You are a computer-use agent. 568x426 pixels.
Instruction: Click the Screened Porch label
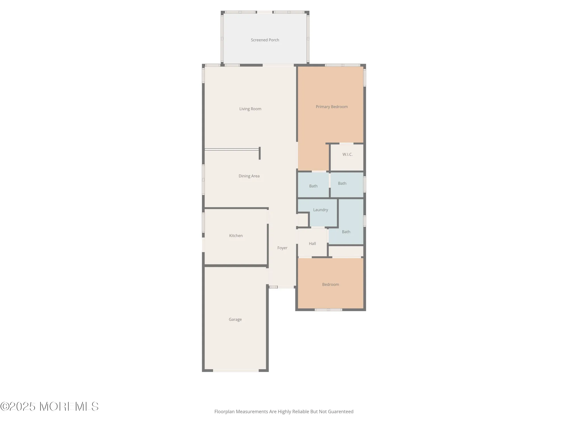click(x=265, y=40)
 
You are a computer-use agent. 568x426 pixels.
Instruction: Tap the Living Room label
click(x=250, y=109)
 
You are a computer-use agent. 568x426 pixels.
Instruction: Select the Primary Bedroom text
click(x=332, y=107)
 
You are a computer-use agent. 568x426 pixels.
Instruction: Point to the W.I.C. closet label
click(x=347, y=154)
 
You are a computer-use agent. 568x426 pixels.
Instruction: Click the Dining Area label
click(x=249, y=176)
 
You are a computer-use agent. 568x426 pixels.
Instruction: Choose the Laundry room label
click(x=321, y=210)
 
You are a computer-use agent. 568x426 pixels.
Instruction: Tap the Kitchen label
click(x=236, y=236)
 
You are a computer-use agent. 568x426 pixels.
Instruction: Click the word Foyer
click(x=282, y=248)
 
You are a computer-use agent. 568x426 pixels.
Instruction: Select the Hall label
click(x=312, y=244)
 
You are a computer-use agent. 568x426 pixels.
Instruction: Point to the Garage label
click(x=235, y=319)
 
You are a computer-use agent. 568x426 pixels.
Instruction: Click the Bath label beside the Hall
click(x=346, y=232)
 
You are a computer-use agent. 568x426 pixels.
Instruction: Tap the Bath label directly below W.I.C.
click(x=342, y=183)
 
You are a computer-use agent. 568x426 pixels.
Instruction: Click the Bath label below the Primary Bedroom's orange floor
click(x=313, y=186)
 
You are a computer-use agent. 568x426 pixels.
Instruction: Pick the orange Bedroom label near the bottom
click(x=331, y=285)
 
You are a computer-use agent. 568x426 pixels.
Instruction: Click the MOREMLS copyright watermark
click(x=49, y=406)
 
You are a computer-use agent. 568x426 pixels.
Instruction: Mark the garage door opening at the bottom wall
click(x=236, y=371)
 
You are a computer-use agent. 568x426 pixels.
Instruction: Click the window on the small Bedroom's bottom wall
click(x=329, y=310)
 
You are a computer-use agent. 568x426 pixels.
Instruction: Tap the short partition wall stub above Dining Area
click(x=260, y=153)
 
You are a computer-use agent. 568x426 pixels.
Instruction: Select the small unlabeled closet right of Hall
click(x=346, y=251)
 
